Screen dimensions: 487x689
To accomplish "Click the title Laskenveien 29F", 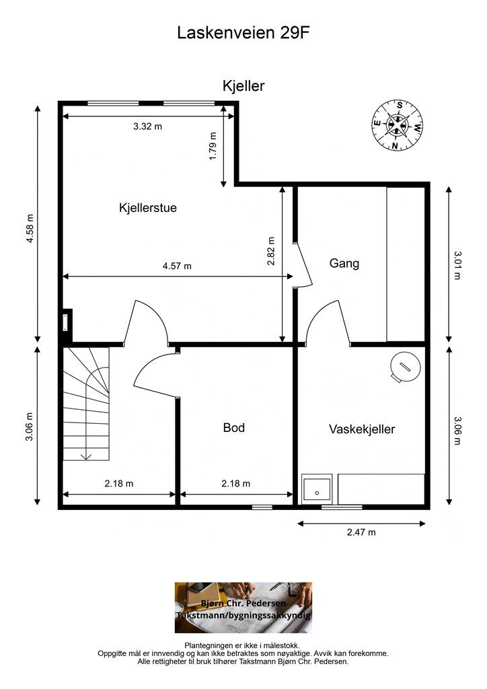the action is click(x=243, y=33).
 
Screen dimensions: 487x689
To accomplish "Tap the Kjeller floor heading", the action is click(x=243, y=85).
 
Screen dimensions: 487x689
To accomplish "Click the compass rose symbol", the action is click(x=398, y=125).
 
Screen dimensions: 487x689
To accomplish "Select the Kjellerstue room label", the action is click(x=148, y=207).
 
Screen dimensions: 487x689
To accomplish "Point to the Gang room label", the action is click(x=344, y=264).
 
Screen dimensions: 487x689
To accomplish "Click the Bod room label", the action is click(x=234, y=427).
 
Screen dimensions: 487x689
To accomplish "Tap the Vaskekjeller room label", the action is click(x=362, y=429).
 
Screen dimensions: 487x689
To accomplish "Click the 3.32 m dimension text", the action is click(x=147, y=126).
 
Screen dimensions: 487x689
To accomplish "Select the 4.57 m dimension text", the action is click(x=177, y=266).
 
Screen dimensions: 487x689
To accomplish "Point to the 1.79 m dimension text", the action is click(x=213, y=146).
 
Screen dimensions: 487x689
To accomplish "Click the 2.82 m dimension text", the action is click(x=271, y=251).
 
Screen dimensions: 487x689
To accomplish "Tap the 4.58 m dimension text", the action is click(x=30, y=228).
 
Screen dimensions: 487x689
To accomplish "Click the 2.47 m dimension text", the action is click(x=361, y=532).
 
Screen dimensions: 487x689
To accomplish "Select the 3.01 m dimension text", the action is click(x=457, y=265).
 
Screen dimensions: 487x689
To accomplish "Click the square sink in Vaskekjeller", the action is click(x=317, y=489).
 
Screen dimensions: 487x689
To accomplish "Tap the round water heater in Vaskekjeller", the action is click(x=406, y=366).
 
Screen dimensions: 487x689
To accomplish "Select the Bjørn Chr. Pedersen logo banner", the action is click(x=243, y=608).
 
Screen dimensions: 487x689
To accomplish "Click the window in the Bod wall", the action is click(x=262, y=507).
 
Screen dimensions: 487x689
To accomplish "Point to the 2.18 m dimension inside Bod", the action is click(x=236, y=484).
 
